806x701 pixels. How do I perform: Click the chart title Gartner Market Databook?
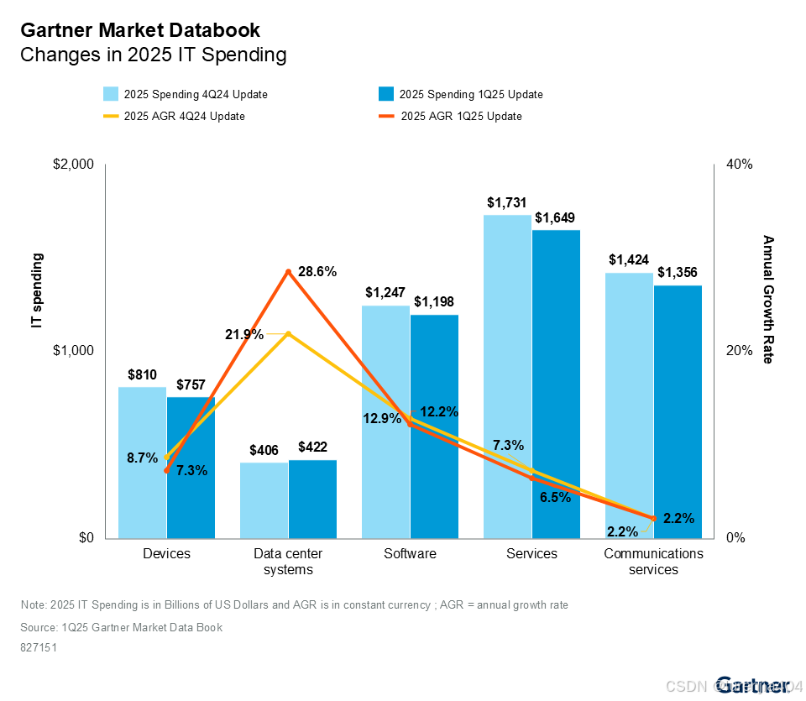140,30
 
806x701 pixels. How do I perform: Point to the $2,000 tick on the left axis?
73,164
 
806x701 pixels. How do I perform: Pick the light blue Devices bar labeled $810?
142,462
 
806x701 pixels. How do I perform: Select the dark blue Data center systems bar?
312,499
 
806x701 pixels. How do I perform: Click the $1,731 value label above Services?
507,202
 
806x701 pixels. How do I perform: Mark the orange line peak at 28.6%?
288,271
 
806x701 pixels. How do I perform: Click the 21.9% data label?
243,334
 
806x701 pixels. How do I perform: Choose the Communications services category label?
653,561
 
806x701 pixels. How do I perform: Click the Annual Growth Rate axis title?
767,299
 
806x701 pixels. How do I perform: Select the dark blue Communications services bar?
678,411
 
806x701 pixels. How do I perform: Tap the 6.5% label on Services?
555,497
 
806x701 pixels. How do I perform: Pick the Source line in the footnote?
121,627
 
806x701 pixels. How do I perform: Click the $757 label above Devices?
191,385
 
